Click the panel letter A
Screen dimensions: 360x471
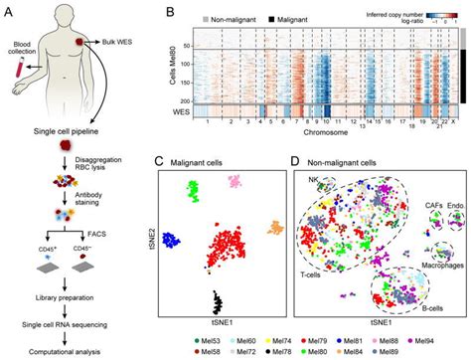coord(11,12)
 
